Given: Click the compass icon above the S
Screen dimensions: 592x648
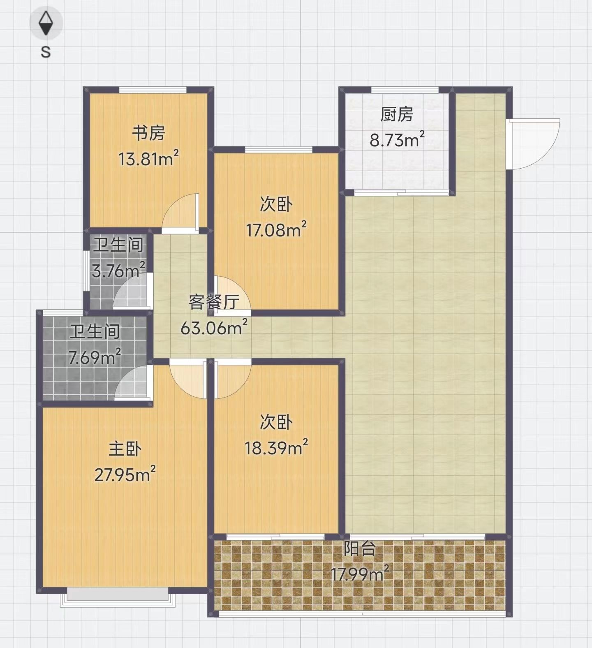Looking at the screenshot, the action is tap(46, 23).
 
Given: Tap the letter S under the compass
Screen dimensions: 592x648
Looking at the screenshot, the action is tap(46, 52).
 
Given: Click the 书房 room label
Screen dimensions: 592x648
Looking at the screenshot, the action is tap(148, 133).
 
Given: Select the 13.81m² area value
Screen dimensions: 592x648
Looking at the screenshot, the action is tap(149, 158).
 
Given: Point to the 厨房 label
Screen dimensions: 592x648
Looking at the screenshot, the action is tap(397, 114).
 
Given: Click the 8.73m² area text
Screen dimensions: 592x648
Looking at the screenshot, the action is tap(397, 140).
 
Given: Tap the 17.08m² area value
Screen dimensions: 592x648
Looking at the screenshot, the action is tap(276, 229).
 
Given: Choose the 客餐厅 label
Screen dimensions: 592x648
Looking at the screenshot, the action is tap(214, 302).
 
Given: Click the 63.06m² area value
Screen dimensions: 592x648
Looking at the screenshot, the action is tap(214, 328).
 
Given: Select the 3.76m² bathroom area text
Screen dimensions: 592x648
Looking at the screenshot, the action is tap(118, 270).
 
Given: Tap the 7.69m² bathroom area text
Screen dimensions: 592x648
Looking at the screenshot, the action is tap(95, 357).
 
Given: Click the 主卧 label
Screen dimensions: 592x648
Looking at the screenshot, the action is tap(125, 449).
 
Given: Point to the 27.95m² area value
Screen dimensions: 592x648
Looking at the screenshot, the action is tap(125, 474).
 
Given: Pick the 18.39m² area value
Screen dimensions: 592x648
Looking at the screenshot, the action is tap(276, 447).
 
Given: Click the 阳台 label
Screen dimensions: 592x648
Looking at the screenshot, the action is tap(360, 548).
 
